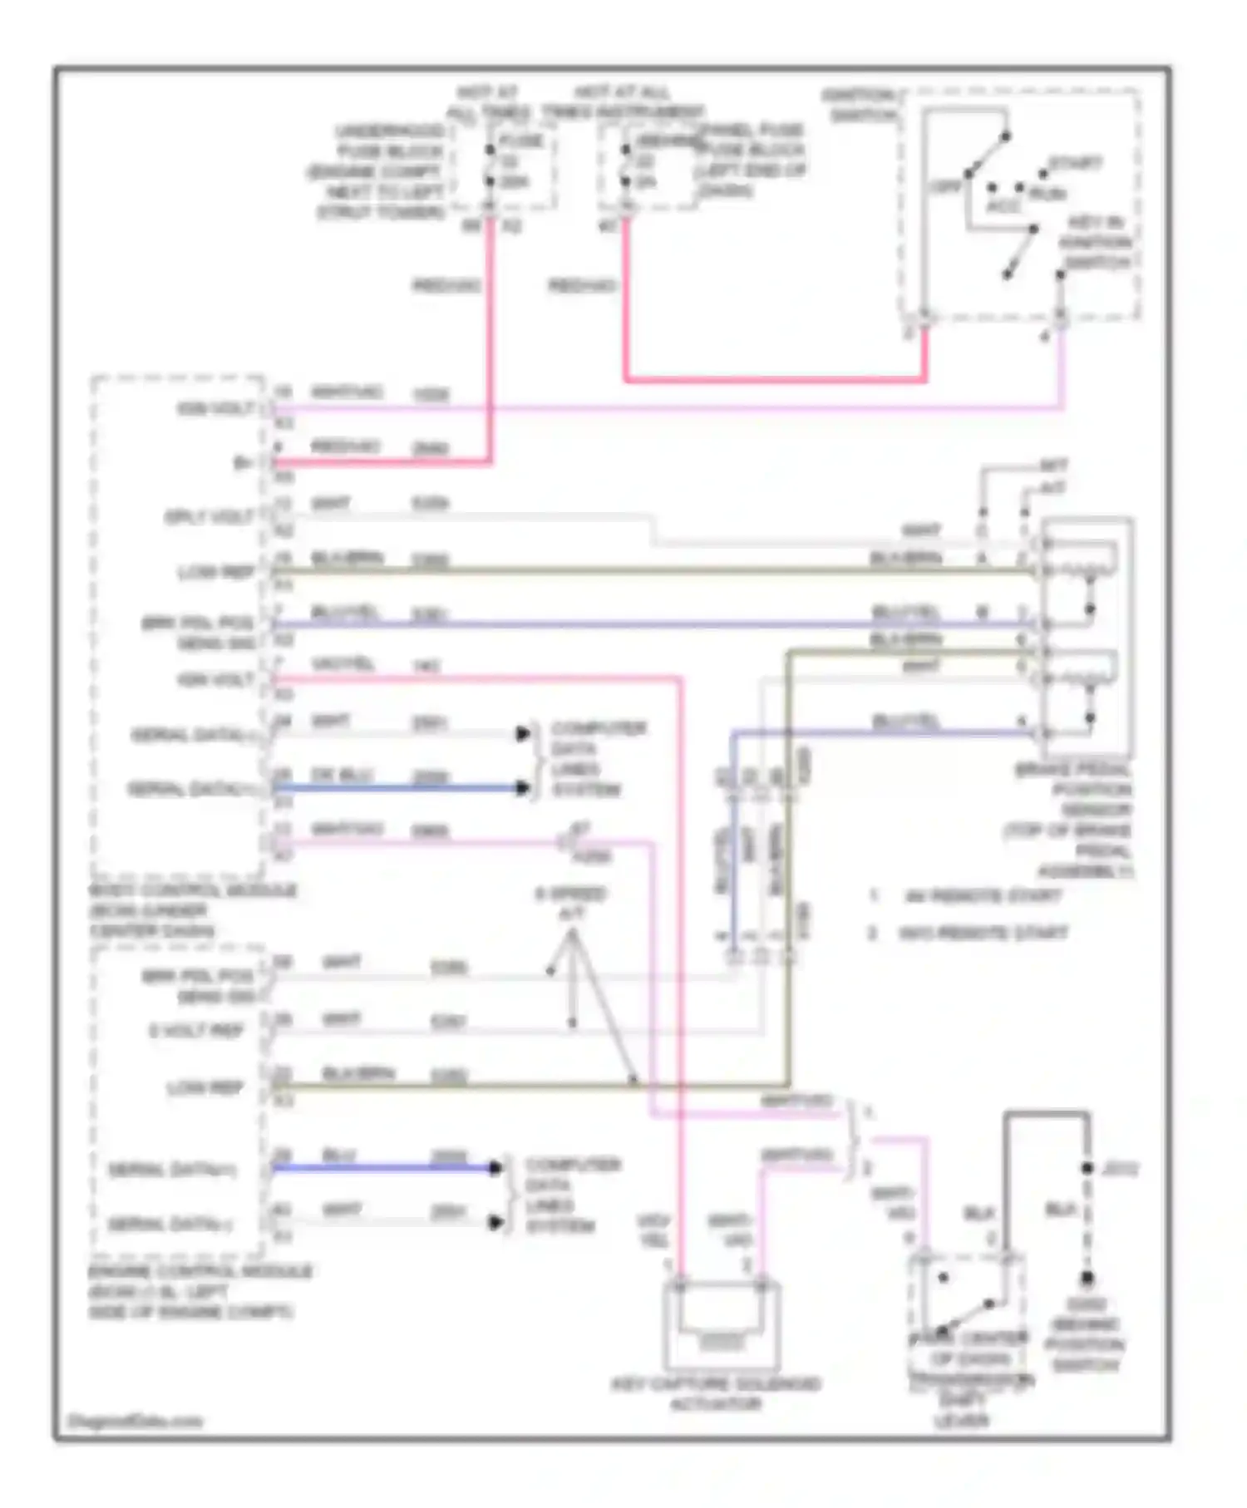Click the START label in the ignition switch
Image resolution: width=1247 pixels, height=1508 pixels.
coord(1075,164)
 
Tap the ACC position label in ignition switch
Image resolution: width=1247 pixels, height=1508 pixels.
coord(1003,205)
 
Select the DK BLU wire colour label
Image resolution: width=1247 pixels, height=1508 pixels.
coord(342,775)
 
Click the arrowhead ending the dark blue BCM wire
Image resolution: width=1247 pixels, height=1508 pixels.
coord(523,787)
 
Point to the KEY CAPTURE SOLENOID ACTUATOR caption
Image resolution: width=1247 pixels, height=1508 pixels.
coord(715,1394)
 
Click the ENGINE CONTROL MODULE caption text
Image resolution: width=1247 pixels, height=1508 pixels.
coord(200,1291)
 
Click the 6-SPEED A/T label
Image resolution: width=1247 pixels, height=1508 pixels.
coord(570,903)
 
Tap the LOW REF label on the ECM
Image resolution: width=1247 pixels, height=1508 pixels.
coord(205,1087)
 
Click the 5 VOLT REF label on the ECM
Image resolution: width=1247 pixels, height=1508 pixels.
coord(196,1031)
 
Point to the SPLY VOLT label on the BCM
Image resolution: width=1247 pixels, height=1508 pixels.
coord(209,517)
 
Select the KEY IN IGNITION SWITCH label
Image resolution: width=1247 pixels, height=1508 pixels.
coord(1095,242)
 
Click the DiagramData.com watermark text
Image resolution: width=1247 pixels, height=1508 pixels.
coord(135,1421)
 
